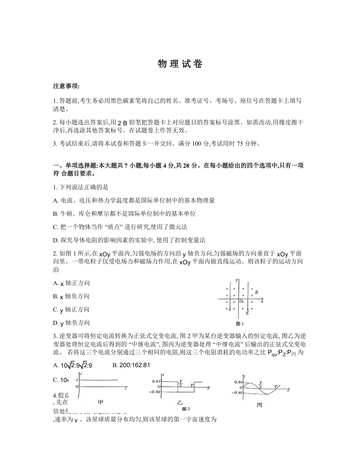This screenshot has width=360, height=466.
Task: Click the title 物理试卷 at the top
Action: [x=180, y=64]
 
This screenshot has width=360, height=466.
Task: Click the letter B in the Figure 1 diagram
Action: [x=256, y=292]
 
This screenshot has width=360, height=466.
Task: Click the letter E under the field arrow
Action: [x=247, y=313]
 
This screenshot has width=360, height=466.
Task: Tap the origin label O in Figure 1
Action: [x=241, y=301]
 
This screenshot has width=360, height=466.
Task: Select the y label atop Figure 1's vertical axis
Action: [x=237, y=280]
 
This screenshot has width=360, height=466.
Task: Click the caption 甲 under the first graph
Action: [x=101, y=402]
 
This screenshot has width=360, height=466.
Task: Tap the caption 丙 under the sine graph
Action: [x=259, y=405]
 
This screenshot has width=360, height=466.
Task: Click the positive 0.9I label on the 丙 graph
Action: [x=238, y=382]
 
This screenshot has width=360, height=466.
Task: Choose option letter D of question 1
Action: [x=56, y=240]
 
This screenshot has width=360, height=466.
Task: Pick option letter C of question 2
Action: [x=56, y=309]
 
